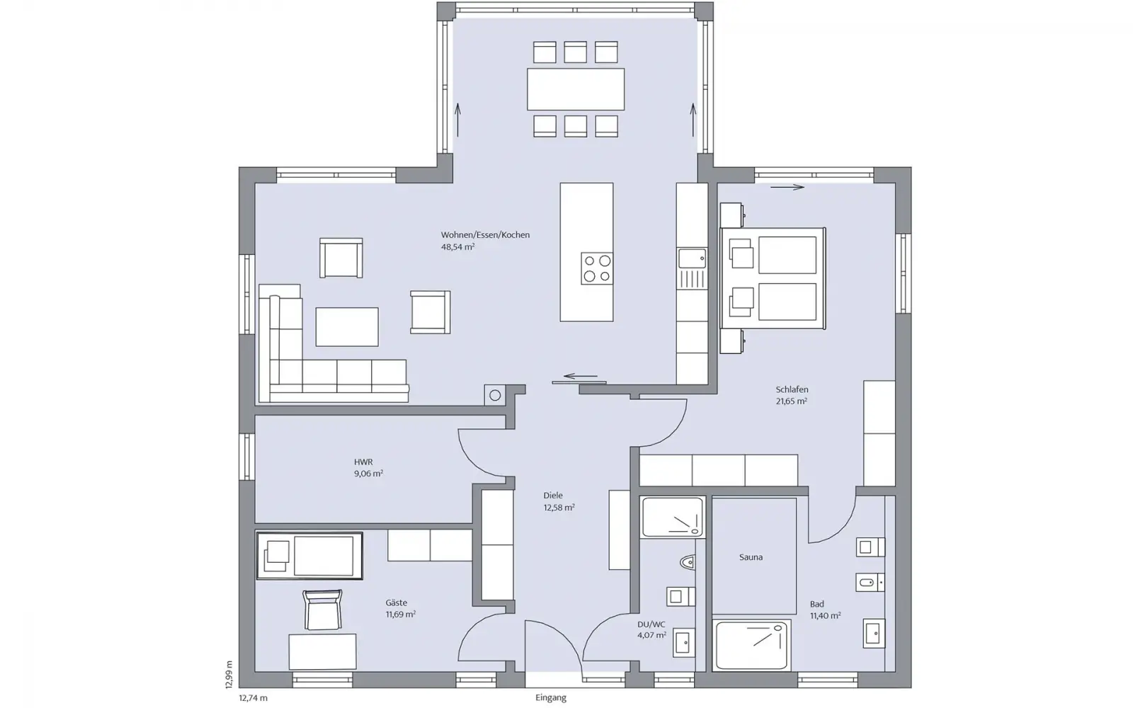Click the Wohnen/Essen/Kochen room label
pyautogui.click(x=485, y=234)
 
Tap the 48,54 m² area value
pyautogui.click(x=457, y=247)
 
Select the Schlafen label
pyautogui.click(x=792, y=389)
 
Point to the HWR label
pyautogui.click(x=363, y=462)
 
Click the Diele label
pyautogui.click(x=553, y=496)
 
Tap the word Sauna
pyautogui.click(x=751, y=557)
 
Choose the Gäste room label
pyautogui.click(x=396, y=603)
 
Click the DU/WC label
pyautogui.click(x=651, y=624)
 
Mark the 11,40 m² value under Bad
pyautogui.click(x=825, y=616)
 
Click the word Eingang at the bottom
pyautogui.click(x=551, y=698)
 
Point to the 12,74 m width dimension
pyautogui.click(x=253, y=698)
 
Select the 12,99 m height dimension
pyautogui.click(x=229, y=674)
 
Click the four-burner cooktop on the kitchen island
pyautogui.click(x=597, y=268)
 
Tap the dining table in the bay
pyautogui.click(x=576, y=89)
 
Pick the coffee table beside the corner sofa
pyautogui.click(x=347, y=326)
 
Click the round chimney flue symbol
pyautogui.click(x=495, y=396)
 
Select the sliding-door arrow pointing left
pyautogui.click(x=581, y=376)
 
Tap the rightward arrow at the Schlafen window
pyautogui.click(x=787, y=188)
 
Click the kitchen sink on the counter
pyautogui.click(x=692, y=258)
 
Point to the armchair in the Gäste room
pyautogui.click(x=323, y=610)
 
